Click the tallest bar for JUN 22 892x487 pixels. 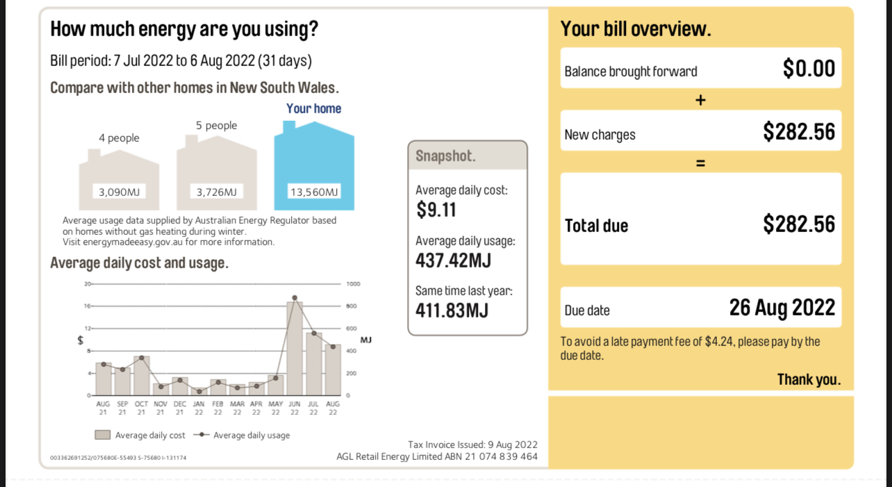[x=295, y=347]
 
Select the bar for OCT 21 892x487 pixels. [x=142, y=376]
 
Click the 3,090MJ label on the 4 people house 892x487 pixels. [x=119, y=192]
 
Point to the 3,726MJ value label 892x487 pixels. [x=217, y=192]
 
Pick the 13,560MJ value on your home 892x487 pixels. [x=314, y=192]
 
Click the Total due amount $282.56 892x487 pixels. [x=799, y=224]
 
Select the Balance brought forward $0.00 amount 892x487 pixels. [x=809, y=68]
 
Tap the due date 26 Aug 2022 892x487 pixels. [x=782, y=307]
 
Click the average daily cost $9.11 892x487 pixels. [x=436, y=210]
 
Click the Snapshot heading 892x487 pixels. [x=445, y=156]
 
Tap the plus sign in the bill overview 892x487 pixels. [x=700, y=100]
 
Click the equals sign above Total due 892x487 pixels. [x=700, y=163]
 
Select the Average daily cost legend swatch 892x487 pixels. [x=103, y=435]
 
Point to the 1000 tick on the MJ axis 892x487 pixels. [x=352, y=284]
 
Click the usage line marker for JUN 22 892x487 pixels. [x=295, y=297]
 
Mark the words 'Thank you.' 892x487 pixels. [x=809, y=379]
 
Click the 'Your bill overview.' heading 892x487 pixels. [x=636, y=29]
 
